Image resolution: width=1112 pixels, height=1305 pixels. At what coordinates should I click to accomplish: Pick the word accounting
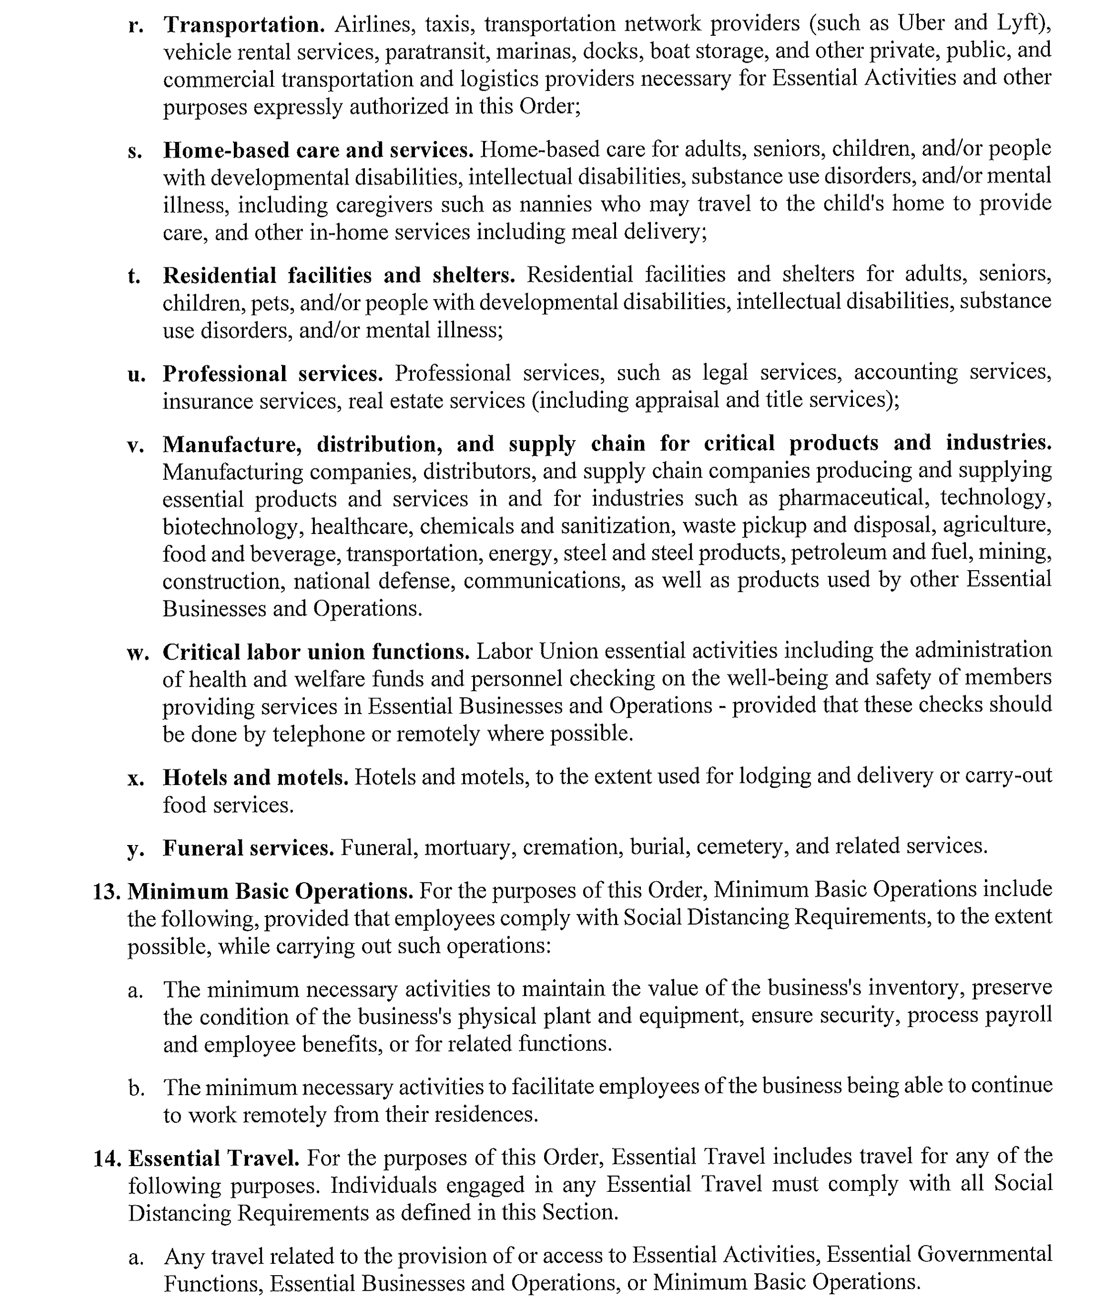pos(904,372)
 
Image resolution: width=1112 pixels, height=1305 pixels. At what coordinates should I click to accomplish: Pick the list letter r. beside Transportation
pos(135,25)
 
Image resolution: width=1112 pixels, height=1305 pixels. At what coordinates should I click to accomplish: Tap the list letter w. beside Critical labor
pos(138,652)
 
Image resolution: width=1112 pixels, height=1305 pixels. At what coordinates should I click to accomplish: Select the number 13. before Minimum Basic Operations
pos(106,891)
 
